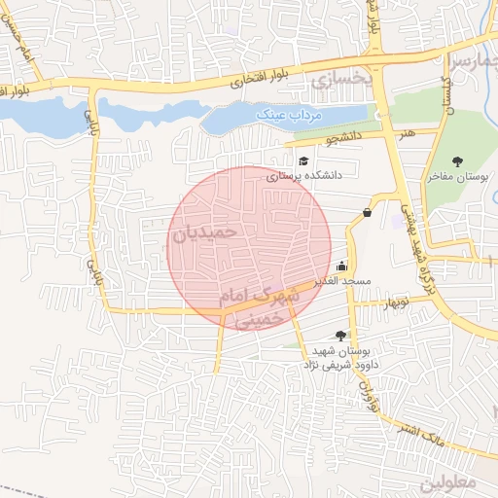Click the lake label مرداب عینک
click(x=288, y=115)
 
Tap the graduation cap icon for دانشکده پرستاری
click(x=303, y=161)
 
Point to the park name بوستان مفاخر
click(x=456, y=177)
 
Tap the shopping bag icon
click(x=367, y=212)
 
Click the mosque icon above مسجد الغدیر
click(x=341, y=266)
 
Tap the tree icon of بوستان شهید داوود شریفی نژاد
click(x=339, y=335)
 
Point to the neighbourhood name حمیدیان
click(x=203, y=234)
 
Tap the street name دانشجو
click(x=343, y=137)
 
